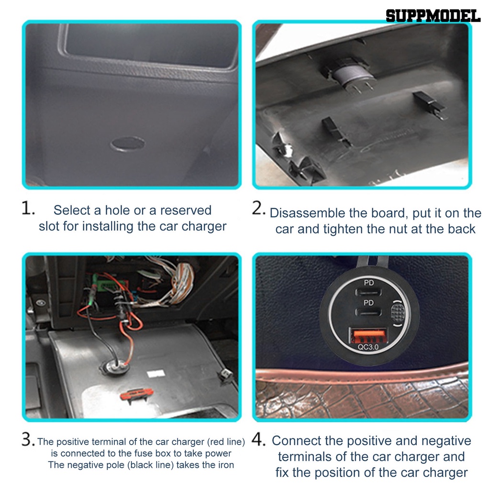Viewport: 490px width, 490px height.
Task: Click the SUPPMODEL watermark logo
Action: [433, 16]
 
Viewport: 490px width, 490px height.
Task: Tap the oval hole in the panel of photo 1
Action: [127, 144]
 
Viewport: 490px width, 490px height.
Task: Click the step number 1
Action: [28, 208]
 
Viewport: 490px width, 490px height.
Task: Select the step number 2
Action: [258, 208]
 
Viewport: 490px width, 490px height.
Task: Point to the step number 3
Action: [28, 439]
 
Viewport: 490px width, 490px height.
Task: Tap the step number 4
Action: [258, 439]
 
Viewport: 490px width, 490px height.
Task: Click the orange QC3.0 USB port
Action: [368, 336]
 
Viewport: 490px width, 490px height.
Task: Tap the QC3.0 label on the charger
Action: [368, 347]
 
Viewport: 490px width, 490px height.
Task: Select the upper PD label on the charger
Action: [369, 283]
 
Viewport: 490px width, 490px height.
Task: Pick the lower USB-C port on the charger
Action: [368, 312]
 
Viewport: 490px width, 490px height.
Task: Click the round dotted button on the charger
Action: [398, 312]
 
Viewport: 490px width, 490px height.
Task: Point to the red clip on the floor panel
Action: [137, 394]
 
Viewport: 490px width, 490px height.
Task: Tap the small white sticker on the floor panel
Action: [156, 373]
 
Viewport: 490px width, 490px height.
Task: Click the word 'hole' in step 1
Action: [117, 211]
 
